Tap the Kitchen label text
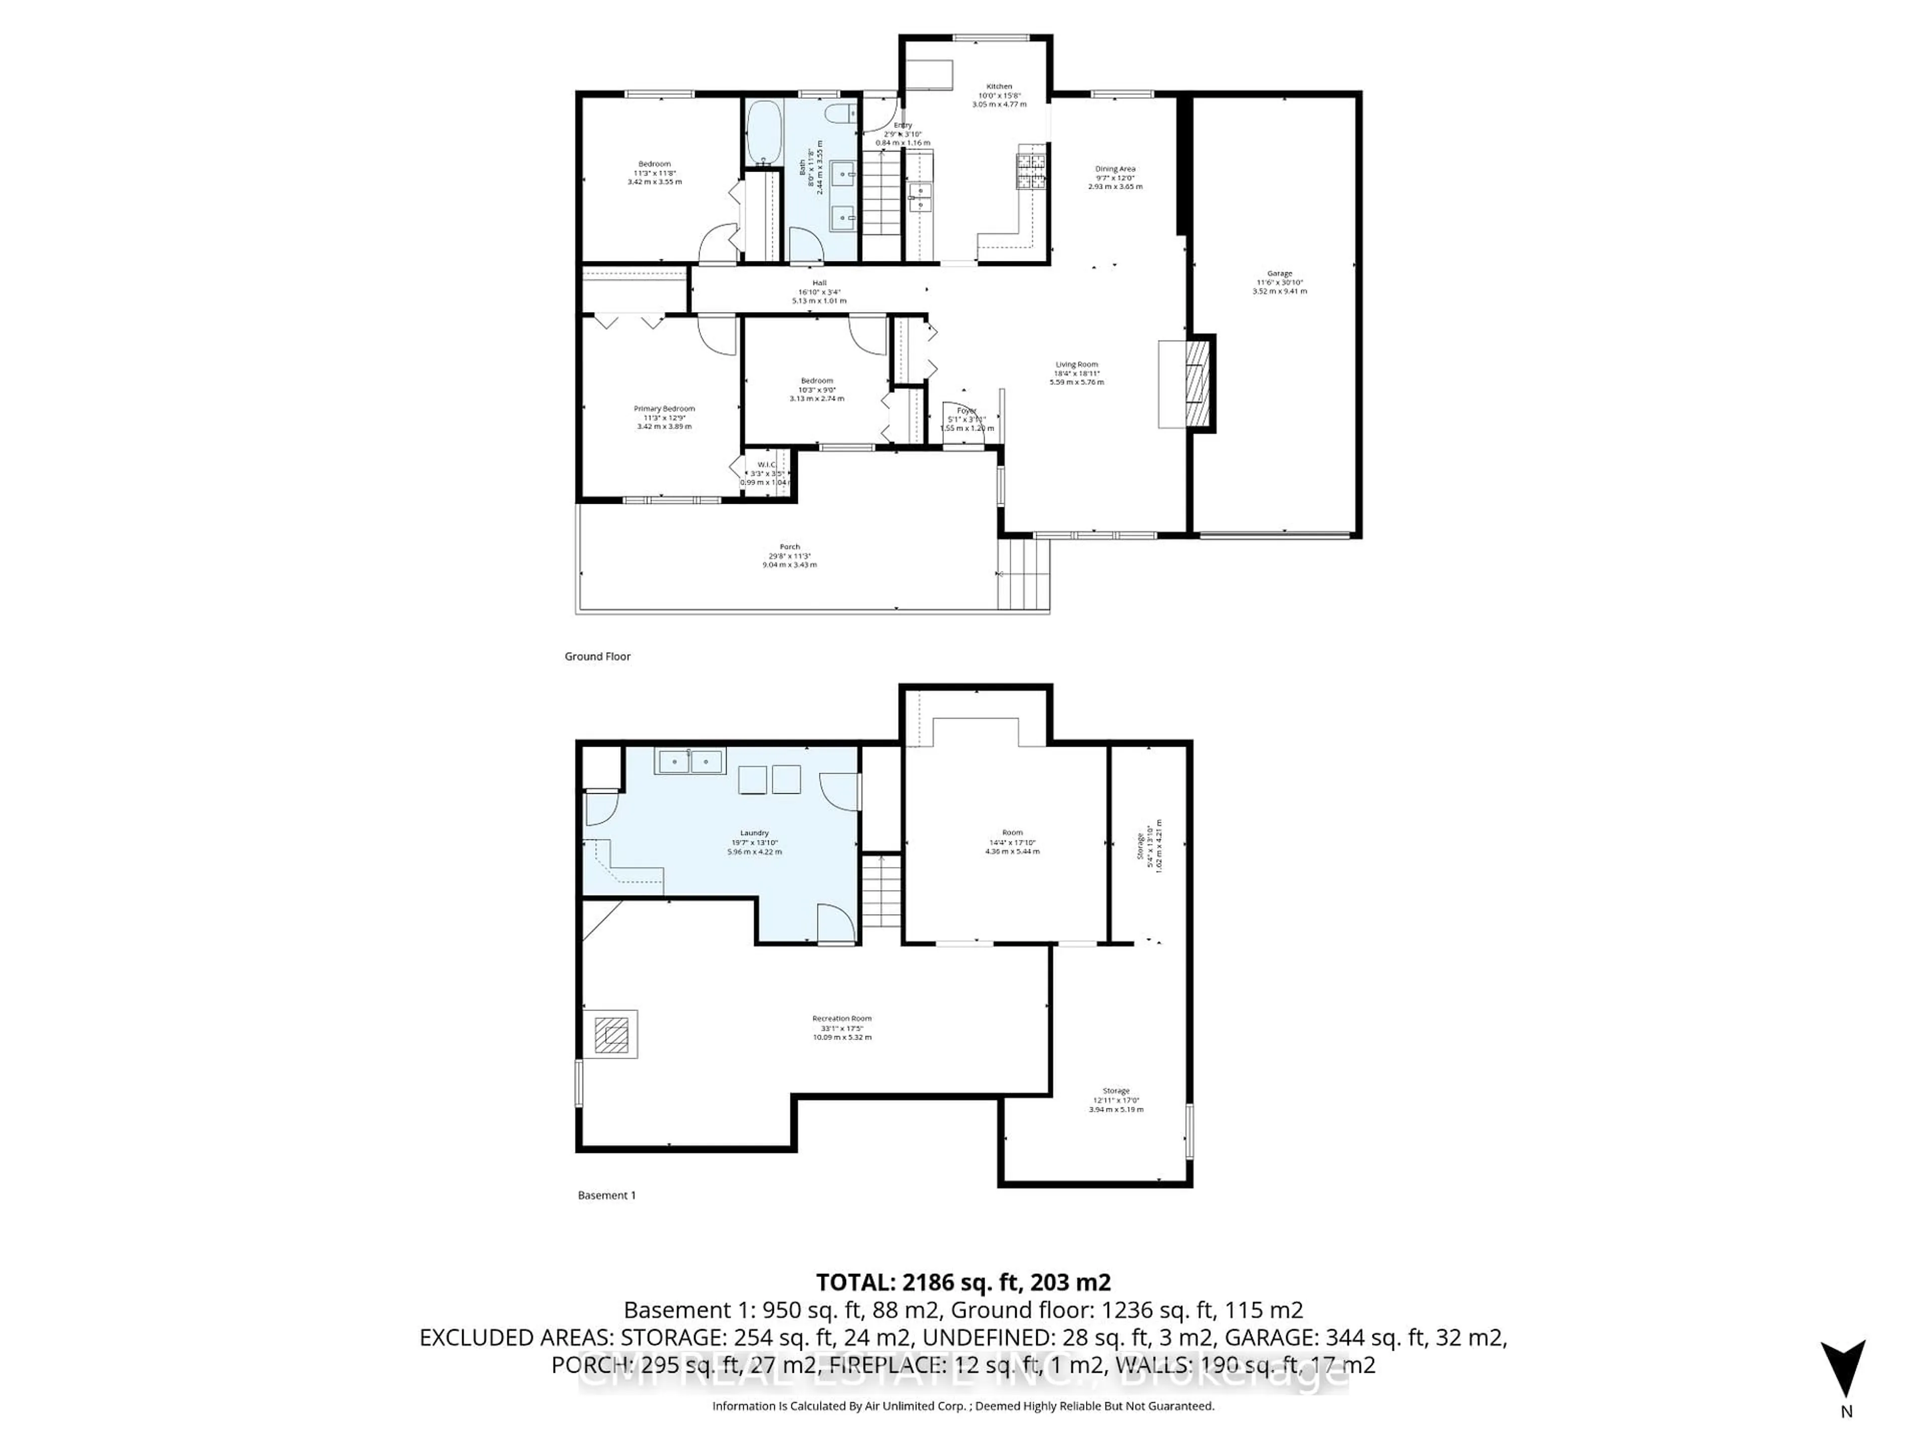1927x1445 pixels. coord(999,86)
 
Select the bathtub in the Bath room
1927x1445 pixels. coord(764,132)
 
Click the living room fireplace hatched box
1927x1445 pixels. coord(1196,383)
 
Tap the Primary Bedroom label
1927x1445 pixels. coord(664,408)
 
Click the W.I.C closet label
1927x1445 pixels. coord(766,464)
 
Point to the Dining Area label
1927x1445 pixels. coord(1115,169)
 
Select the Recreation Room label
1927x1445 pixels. coord(842,1018)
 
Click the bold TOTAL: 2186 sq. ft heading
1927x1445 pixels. coord(962,1282)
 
